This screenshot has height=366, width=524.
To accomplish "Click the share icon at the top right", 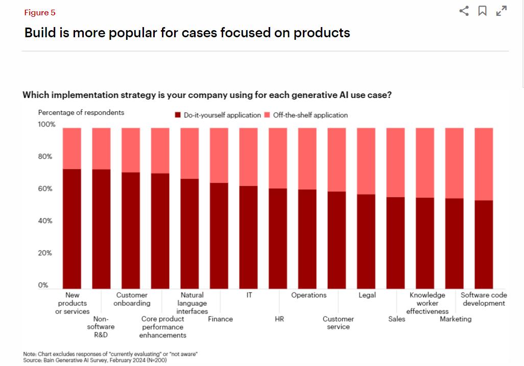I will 464,11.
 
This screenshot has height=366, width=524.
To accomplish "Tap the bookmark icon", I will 482,11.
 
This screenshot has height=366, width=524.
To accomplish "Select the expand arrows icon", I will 502,11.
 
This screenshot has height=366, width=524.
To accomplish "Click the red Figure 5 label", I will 39,13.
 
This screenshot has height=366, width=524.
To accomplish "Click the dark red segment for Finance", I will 219,235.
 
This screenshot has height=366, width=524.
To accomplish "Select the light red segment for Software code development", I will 484,164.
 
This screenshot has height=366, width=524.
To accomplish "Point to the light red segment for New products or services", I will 72,148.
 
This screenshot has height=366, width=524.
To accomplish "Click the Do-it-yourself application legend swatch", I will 178,115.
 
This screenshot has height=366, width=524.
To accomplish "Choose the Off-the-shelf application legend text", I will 310,115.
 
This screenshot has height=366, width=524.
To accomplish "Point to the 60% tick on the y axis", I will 45,189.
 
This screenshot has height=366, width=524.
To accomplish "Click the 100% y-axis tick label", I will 46,125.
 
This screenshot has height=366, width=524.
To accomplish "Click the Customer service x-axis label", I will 338,323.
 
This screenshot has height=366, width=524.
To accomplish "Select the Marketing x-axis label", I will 456,319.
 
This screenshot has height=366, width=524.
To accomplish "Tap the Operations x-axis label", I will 308,295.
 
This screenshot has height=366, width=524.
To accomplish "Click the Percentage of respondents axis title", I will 81,112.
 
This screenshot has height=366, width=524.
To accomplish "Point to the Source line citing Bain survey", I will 95,360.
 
